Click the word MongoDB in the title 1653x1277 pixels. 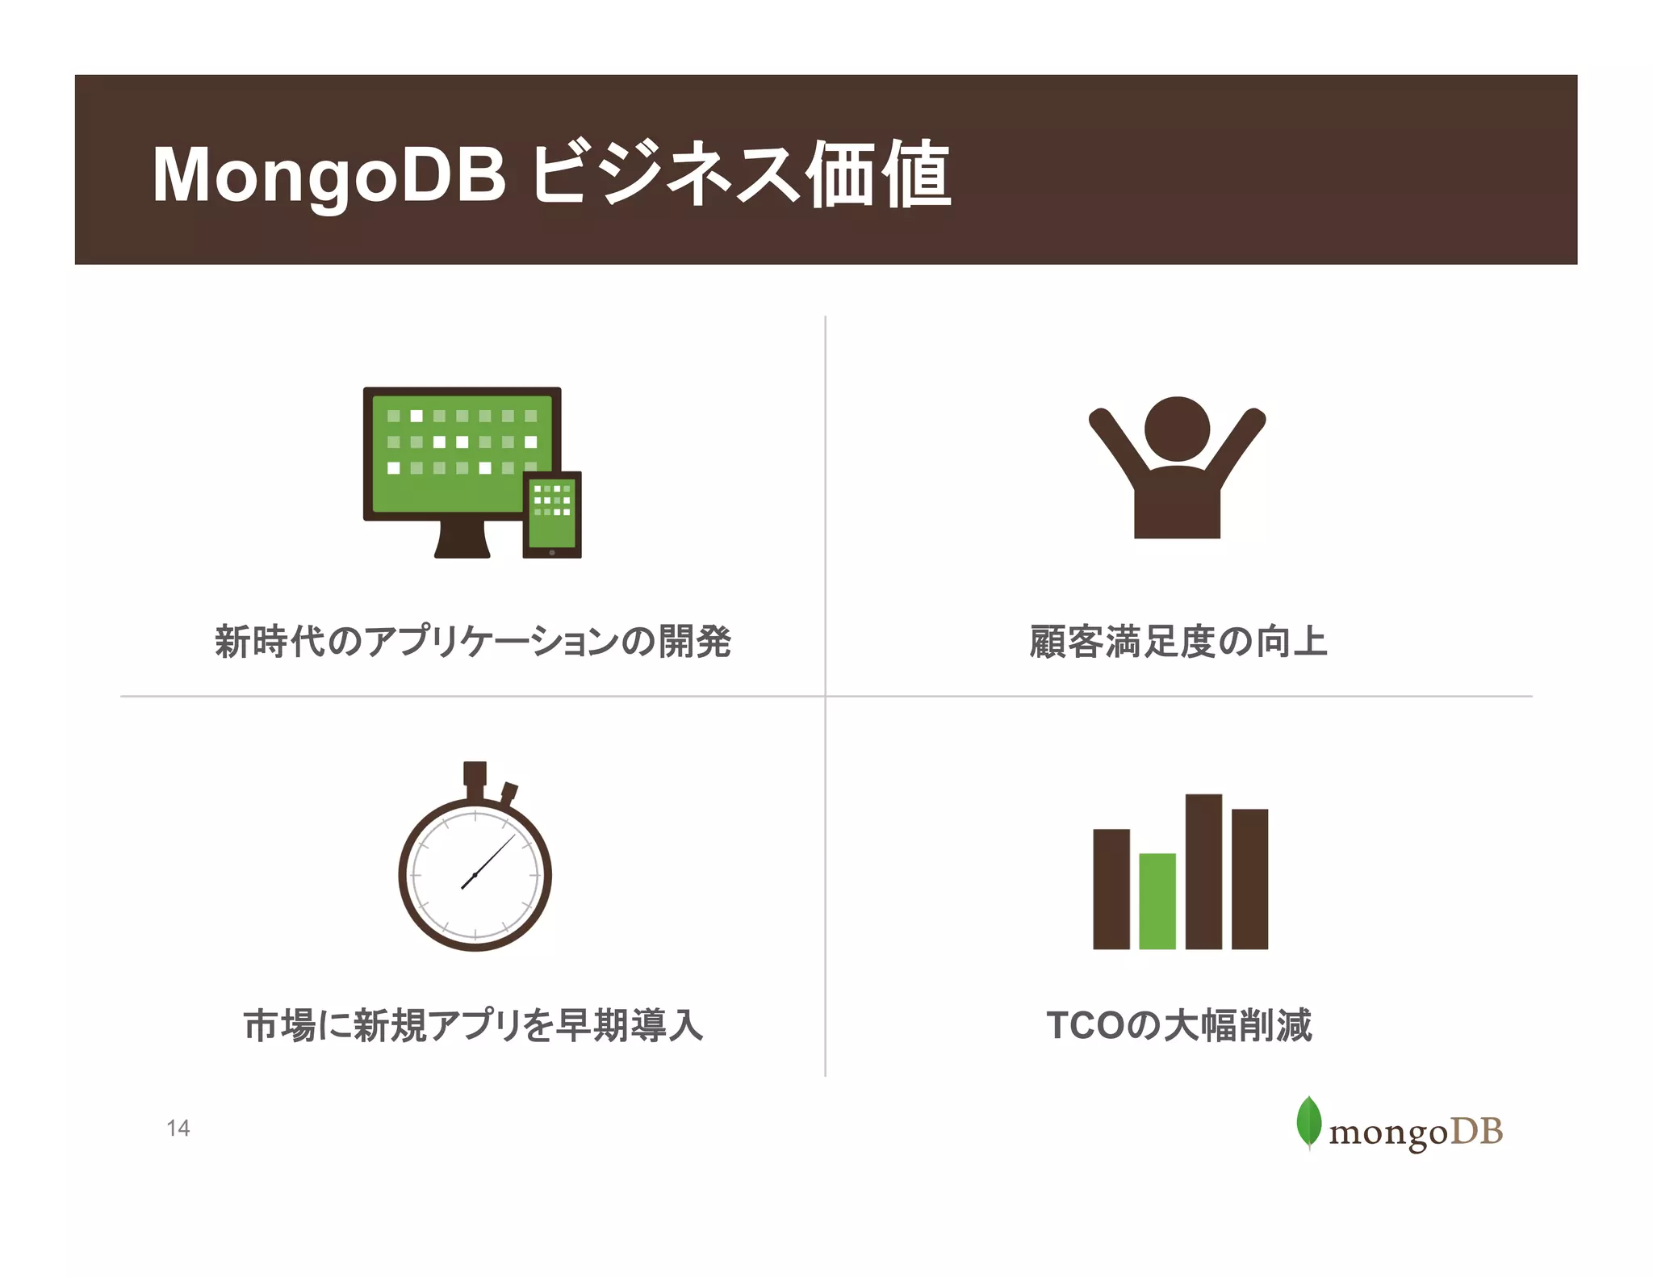329,176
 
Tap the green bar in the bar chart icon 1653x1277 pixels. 1157,901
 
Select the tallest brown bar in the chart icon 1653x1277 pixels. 1203,872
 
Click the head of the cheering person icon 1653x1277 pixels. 1177,429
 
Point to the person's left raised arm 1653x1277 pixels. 1115,447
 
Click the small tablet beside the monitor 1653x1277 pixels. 552,515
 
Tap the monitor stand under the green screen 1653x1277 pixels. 462,540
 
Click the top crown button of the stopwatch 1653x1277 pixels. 475,772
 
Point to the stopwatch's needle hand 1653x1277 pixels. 489,861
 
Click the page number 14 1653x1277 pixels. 178,1128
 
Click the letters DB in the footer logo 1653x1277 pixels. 1476,1132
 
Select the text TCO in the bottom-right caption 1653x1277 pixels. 1085,1025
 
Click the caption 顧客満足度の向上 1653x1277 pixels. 1178,642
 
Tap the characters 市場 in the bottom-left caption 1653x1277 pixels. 279,1025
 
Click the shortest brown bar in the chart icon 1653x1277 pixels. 1111,889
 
